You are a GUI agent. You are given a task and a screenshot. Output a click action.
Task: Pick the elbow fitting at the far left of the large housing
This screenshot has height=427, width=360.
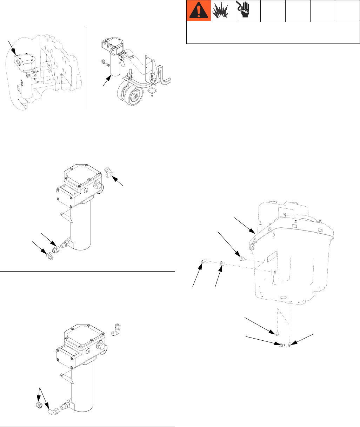click(x=204, y=261)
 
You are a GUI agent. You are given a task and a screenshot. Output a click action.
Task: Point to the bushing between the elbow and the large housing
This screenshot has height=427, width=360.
click(x=222, y=263)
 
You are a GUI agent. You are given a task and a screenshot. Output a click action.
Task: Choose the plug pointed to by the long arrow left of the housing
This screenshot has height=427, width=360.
click(x=241, y=259)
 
